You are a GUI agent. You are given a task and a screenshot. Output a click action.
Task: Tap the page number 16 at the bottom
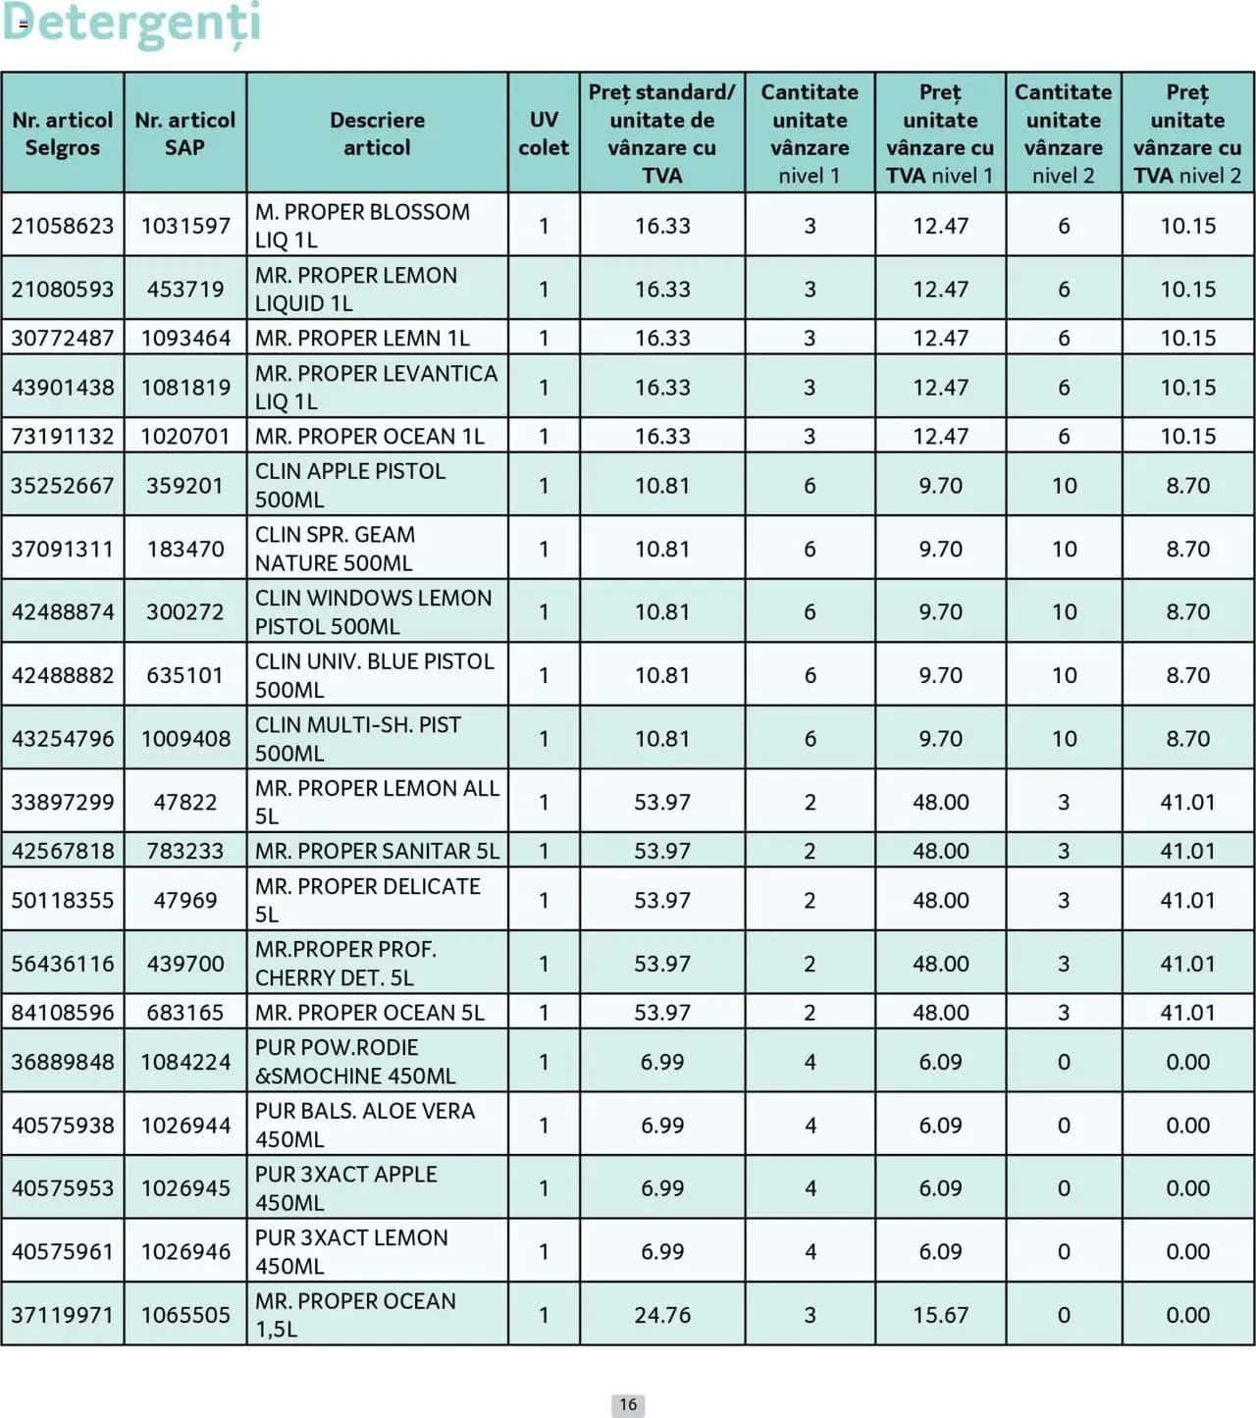click(628, 1404)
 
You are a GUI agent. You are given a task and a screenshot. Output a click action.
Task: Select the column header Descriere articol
click(377, 133)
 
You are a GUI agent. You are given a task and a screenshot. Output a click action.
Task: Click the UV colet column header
click(544, 133)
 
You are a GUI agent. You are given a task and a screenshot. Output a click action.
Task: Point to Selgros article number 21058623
click(63, 226)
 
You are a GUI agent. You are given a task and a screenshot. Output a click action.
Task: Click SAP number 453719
click(185, 289)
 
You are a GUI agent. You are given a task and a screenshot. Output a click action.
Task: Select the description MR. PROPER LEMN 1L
click(362, 339)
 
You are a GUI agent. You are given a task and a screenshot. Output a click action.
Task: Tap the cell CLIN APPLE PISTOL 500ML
click(349, 485)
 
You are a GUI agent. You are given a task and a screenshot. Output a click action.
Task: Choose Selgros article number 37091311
click(63, 549)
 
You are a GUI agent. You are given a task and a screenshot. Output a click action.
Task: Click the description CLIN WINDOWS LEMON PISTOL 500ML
click(373, 611)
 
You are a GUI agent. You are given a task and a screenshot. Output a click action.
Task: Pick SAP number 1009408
click(185, 739)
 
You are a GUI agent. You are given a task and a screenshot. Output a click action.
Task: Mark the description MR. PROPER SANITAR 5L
click(377, 851)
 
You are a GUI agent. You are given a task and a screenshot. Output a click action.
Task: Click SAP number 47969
click(185, 900)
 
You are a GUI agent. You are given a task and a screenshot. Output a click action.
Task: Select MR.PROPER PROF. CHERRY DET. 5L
click(345, 964)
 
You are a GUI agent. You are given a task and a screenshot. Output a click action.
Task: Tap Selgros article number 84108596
click(63, 1013)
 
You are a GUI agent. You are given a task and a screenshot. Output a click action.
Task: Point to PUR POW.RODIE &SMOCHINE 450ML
click(354, 1062)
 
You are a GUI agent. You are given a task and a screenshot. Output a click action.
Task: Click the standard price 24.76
click(662, 1315)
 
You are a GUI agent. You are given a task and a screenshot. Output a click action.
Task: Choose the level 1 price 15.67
click(940, 1315)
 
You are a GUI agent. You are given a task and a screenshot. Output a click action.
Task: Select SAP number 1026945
click(185, 1188)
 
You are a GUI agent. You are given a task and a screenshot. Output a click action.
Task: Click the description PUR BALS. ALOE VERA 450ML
click(364, 1125)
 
